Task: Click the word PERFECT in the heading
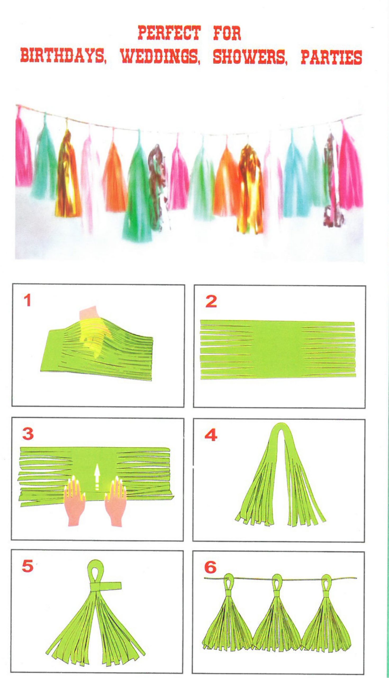coord(169,33)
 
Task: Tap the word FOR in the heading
coord(227,33)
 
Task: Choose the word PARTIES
coord(331,57)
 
